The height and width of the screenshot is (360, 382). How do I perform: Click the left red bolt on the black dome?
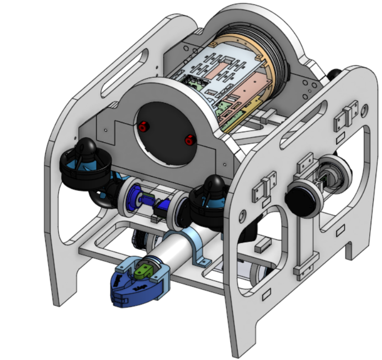pos(143,127)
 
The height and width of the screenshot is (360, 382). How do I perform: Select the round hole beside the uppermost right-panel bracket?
pos(364,110)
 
